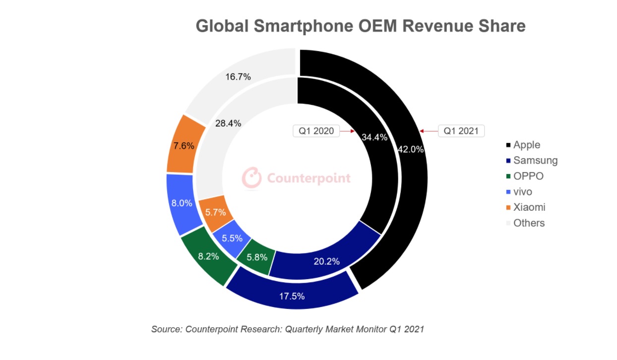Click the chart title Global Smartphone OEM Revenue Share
(x=360, y=26)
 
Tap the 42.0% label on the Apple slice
(x=411, y=150)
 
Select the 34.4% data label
(x=374, y=138)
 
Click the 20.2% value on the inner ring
(x=326, y=261)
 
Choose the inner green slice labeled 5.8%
(x=257, y=257)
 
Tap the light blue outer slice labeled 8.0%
(x=182, y=203)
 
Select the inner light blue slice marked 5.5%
(x=232, y=238)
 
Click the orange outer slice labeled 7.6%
(x=184, y=146)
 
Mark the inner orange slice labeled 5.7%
(x=215, y=212)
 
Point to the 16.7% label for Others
(x=238, y=77)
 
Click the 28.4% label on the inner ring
(x=228, y=123)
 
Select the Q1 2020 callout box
(x=316, y=131)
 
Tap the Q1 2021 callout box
(x=461, y=131)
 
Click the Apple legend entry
(x=526, y=145)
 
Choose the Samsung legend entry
(x=535, y=160)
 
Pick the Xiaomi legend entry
(x=529, y=207)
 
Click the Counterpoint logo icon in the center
(x=252, y=178)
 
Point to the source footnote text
(x=288, y=329)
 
